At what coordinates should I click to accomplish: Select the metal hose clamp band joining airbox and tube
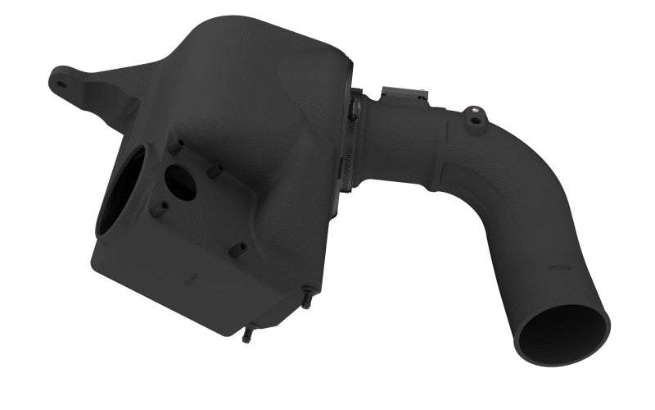click(x=355, y=139)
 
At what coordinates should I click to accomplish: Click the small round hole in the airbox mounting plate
click(x=180, y=183)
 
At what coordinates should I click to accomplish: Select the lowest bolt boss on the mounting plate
click(x=237, y=249)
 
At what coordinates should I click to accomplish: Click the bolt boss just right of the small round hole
click(x=215, y=171)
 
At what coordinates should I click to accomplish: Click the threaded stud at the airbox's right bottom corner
click(x=307, y=297)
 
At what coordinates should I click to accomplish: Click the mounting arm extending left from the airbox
click(x=98, y=86)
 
